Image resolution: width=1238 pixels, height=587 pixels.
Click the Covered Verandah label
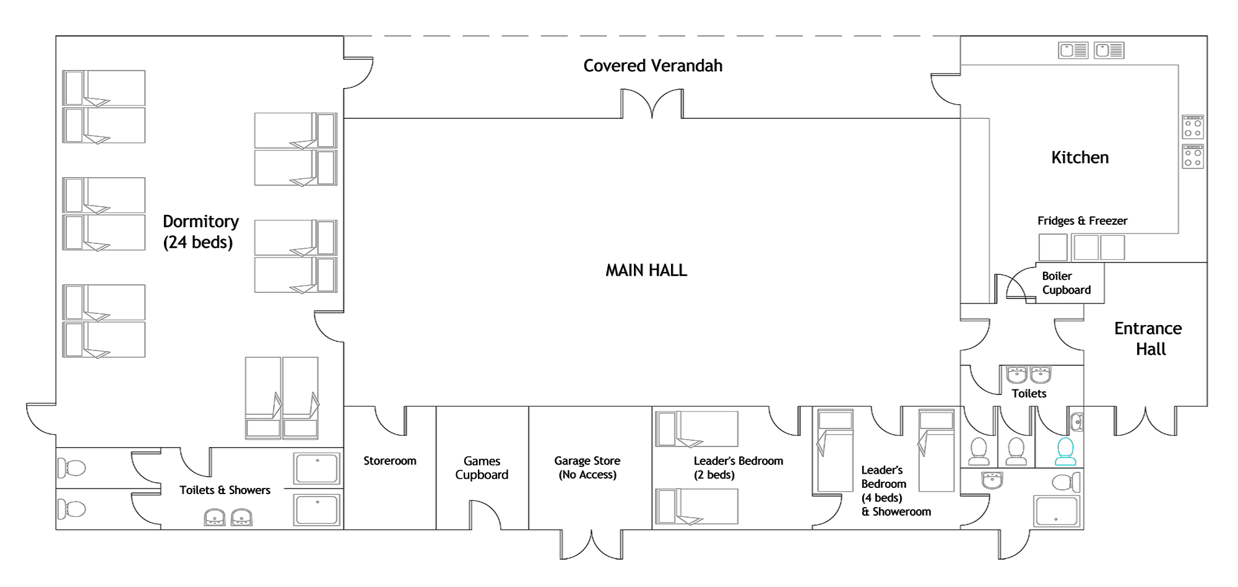coord(653,66)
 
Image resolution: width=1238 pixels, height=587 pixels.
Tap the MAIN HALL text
coord(646,270)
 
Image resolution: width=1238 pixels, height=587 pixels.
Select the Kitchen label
coord(1080,157)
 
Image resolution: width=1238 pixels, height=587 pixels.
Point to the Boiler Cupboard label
coord(1067,283)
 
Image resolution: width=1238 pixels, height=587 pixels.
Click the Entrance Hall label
coord(1148,339)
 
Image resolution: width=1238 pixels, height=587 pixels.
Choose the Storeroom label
coord(390,461)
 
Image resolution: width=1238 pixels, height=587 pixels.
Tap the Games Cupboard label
coord(482,468)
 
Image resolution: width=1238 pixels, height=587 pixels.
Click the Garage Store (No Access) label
coord(587,468)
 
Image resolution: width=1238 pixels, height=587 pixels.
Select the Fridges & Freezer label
coord(1083,221)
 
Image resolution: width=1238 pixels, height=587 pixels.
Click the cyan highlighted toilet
coord(1065,451)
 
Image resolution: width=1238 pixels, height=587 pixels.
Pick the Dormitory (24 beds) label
coord(201,232)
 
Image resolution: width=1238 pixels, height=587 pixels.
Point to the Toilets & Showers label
coord(225,490)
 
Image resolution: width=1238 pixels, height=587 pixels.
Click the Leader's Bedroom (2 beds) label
coord(738,468)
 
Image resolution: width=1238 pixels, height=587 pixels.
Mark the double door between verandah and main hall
coord(652,104)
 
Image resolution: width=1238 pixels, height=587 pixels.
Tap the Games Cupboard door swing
coord(485,515)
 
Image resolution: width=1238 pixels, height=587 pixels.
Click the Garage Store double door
coord(592,545)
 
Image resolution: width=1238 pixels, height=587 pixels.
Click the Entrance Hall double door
coord(1146,421)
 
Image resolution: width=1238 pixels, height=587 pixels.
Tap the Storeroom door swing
coord(390,421)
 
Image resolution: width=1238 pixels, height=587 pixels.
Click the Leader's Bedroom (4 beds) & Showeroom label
coord(896,491)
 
